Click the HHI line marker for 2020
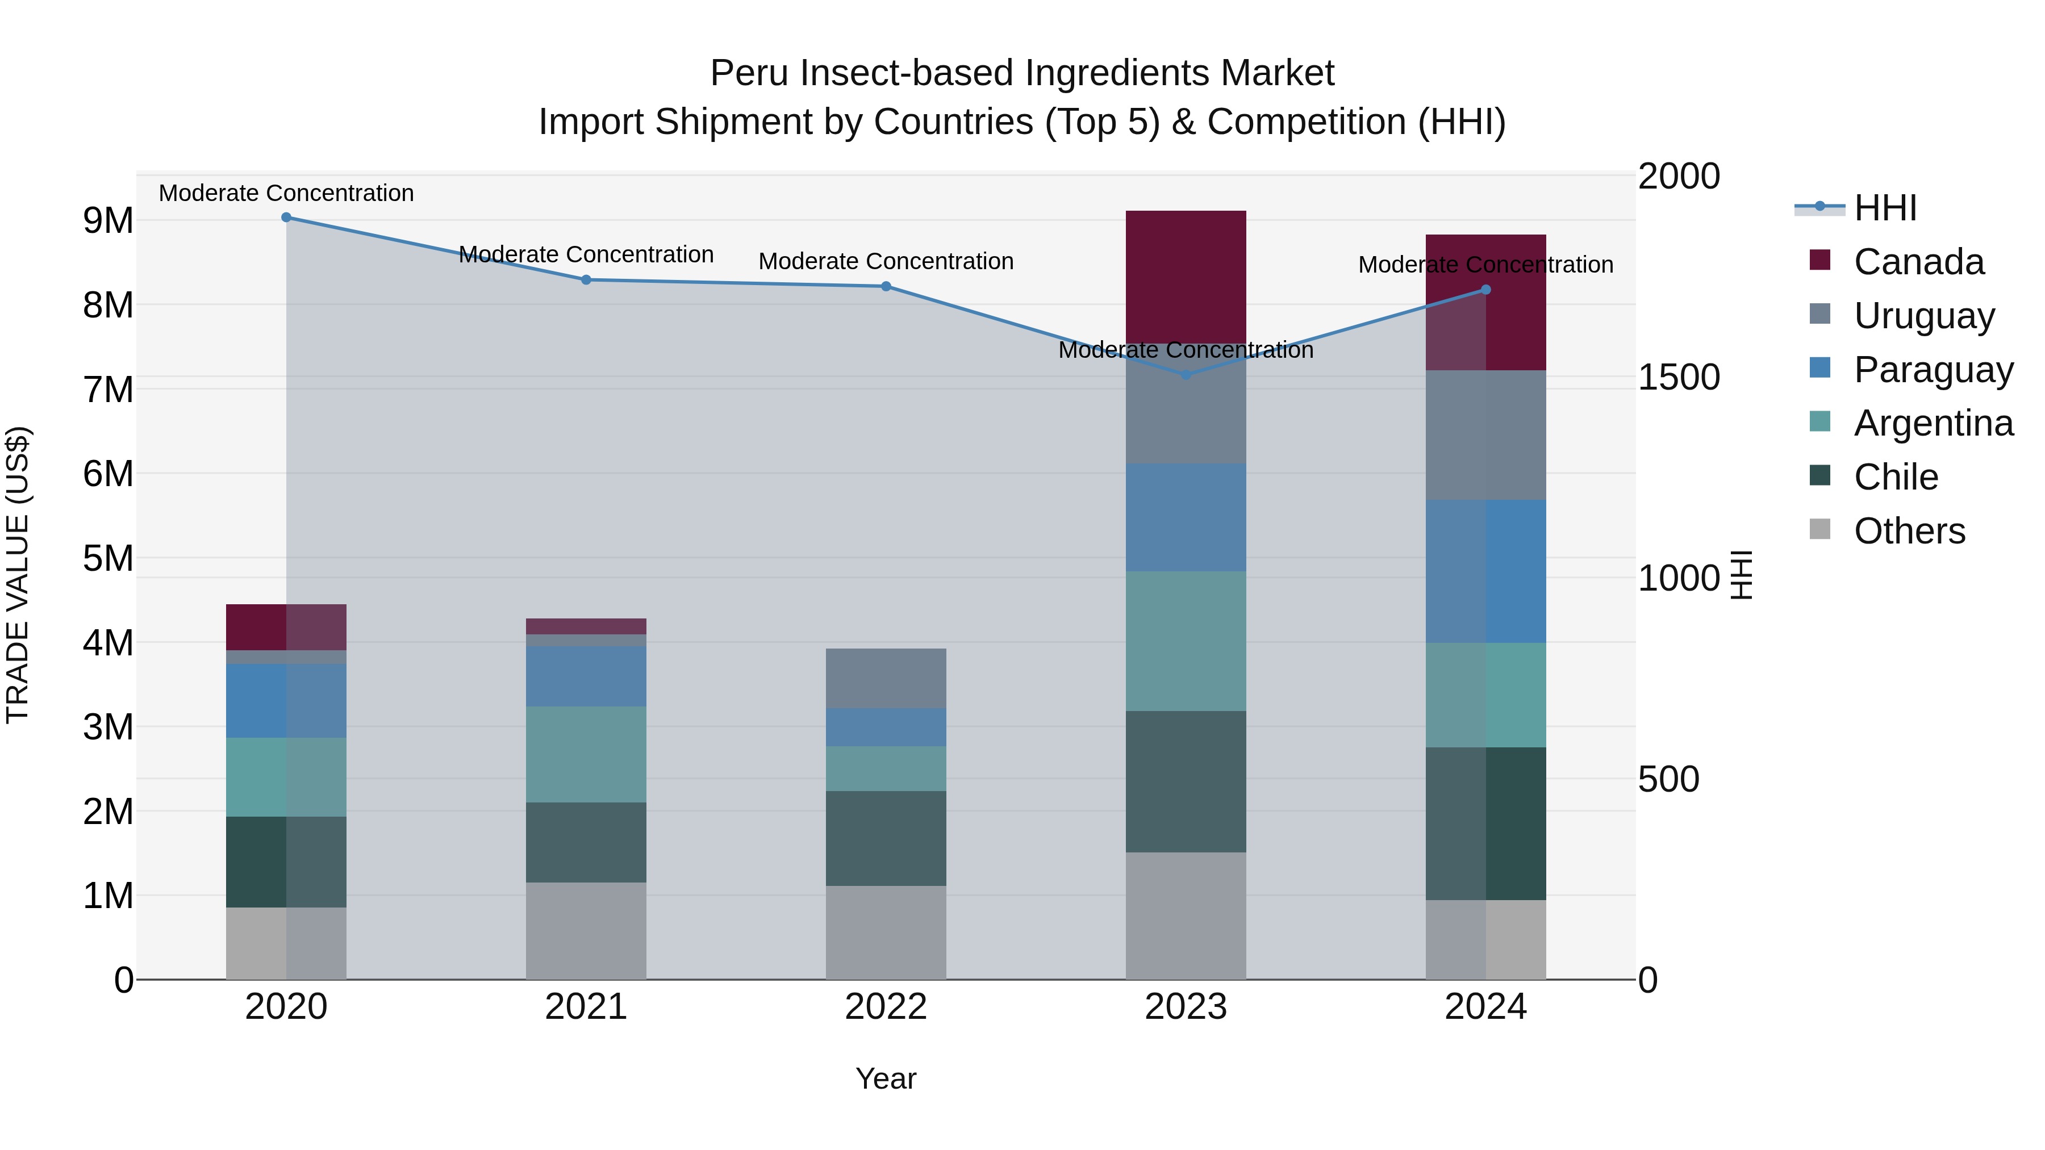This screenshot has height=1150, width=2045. click(287, 218)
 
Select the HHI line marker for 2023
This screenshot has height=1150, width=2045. click(1186, 375)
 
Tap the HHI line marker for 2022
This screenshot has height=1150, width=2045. click(886, 287)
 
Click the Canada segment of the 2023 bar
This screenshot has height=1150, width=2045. click(1186, 277)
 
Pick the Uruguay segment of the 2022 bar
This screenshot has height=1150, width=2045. click(886, 679)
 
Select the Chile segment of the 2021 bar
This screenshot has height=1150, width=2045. click(586, 842)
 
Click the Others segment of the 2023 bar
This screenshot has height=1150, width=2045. click(1186, 916)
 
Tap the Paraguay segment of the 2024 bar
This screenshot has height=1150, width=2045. click(1486, 571)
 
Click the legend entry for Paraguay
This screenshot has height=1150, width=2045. click(1933, 370)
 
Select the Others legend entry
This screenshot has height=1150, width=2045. click(1909, 531)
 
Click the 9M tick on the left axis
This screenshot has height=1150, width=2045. click(108, 221)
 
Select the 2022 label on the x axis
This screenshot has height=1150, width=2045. click(886, 1007)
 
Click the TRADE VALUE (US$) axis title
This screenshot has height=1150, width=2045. click(18, 575)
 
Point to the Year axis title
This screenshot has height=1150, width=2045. click(886, 1078)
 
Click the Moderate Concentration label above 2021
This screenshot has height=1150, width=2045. click(586, 255)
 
